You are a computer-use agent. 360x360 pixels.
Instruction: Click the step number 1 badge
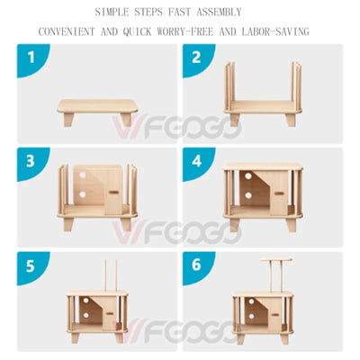31,58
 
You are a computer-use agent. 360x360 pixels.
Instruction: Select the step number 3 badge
31,161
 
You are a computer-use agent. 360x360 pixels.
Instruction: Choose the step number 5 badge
31,267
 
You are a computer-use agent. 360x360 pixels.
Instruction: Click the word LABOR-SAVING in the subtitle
274,31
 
